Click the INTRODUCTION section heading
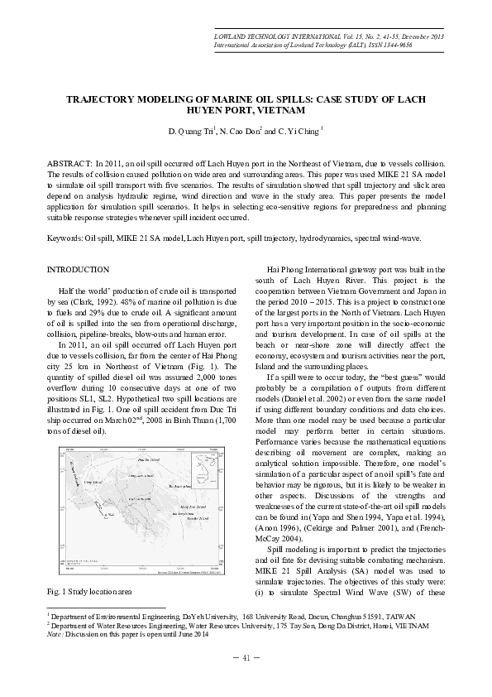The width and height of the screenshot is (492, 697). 79,270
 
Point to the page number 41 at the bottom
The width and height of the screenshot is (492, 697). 246,658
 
